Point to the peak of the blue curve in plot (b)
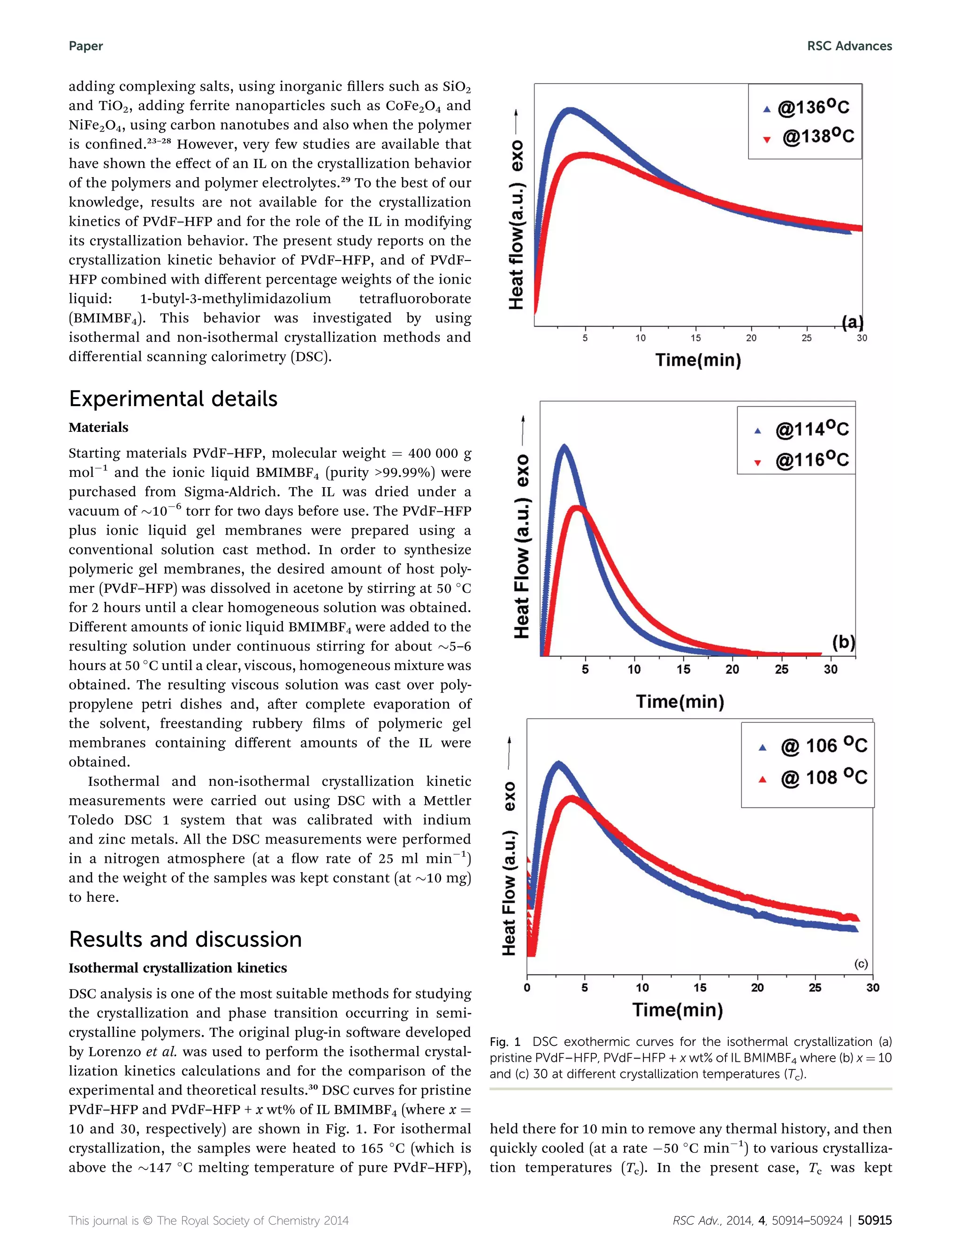564,445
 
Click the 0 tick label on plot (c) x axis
527,988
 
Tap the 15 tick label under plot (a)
695,338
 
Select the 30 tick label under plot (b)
831,669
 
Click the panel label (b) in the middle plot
843,642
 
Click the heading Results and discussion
185,940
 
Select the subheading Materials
99,428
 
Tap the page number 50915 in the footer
875,1220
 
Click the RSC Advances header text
849,46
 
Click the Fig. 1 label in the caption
505,1042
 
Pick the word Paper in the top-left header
86,46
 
